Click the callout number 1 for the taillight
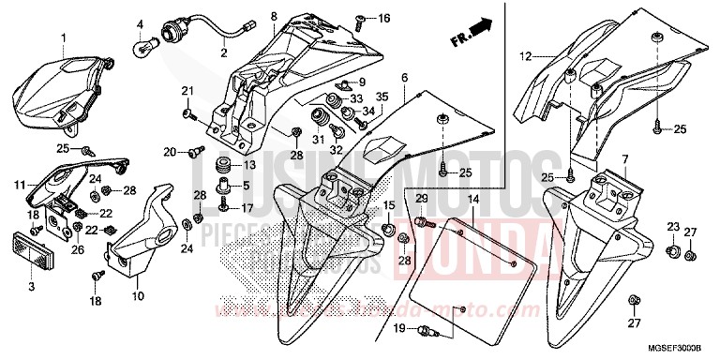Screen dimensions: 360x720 coord(65,37)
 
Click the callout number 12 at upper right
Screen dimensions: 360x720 coord(527,54)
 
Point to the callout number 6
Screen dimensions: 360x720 coord(404,76)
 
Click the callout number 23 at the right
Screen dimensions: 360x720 coord(672,228)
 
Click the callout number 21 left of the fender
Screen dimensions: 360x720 coord(186,89)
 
